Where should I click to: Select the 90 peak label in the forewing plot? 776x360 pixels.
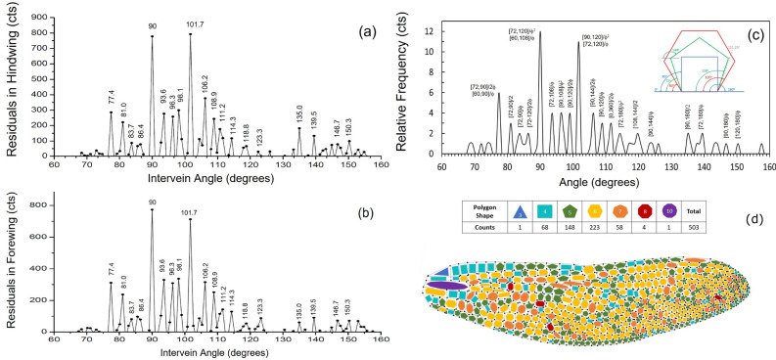pos(152,202)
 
